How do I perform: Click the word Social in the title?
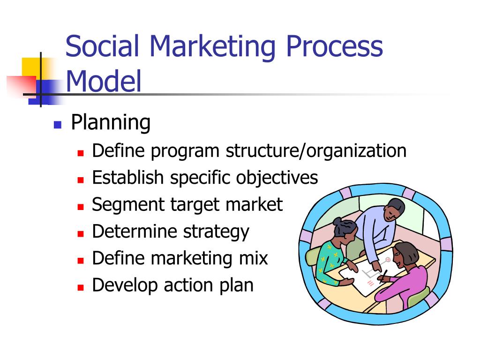[x=102, y=46]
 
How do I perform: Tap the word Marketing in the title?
[x=212, y=47]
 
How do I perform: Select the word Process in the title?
[x=334, y=46]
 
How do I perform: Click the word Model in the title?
[x=104, y=81]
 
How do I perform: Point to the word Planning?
[x=111, y=123]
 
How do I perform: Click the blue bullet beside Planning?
[x=58, y=125]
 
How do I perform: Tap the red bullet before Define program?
[x=81, y=153]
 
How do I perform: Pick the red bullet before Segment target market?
[x=81, y=207]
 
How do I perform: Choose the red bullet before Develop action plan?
[x=81, y=287]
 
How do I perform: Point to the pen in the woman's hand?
[x=383, y=276]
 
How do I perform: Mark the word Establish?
[x=128, y=177]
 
